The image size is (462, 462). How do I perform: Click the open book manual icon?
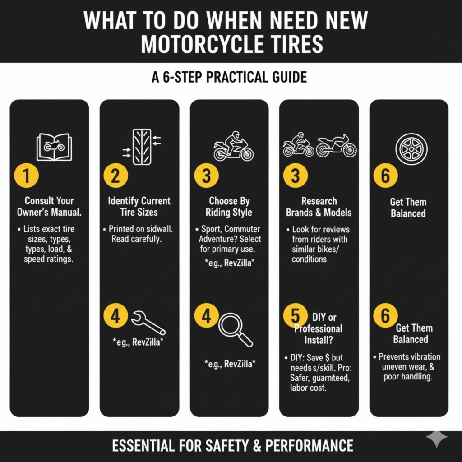coord(53,147)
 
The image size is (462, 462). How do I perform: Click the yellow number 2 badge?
coord(116,176)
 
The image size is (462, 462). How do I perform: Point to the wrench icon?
coord(148,321)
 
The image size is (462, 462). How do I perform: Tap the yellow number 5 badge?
coord(295,316)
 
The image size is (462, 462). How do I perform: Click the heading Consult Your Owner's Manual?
coord(49,206)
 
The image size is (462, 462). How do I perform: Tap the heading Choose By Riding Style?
coord(229,206)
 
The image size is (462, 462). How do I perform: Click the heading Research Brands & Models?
coord(319,206)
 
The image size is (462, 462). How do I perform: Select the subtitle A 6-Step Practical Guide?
coord(229,77)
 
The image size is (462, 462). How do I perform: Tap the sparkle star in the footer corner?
coord(437,439)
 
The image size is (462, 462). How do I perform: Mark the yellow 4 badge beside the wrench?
coord(116,316)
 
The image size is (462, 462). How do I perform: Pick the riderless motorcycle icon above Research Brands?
coord(336,145)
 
